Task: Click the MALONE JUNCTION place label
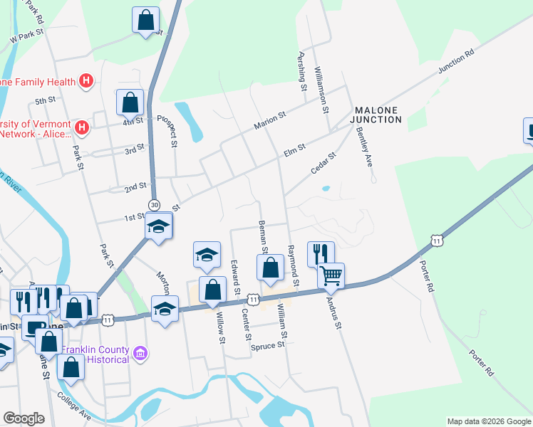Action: pyautogui.click(x=376, y=115)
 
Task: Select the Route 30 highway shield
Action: pyautogui.click(x=154, y=205)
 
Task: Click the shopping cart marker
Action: pyautogui.click(x=331, y=275)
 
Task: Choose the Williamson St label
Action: pyautogui.click(x=322, y=88)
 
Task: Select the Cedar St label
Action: pyautogui.click(x=323, y=163)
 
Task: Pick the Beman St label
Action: pyautogui.click(x=264, y=237)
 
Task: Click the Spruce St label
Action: pyautogui.click(x=268, y=346)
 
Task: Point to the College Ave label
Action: pyautogui.click(x=74, y=406)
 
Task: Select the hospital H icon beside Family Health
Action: pyautogui.click(x=86, y=82)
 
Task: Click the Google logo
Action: pyautogui.click(x=24, y=418)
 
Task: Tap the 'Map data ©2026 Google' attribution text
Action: pyautogui.click(x=488, y=421)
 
